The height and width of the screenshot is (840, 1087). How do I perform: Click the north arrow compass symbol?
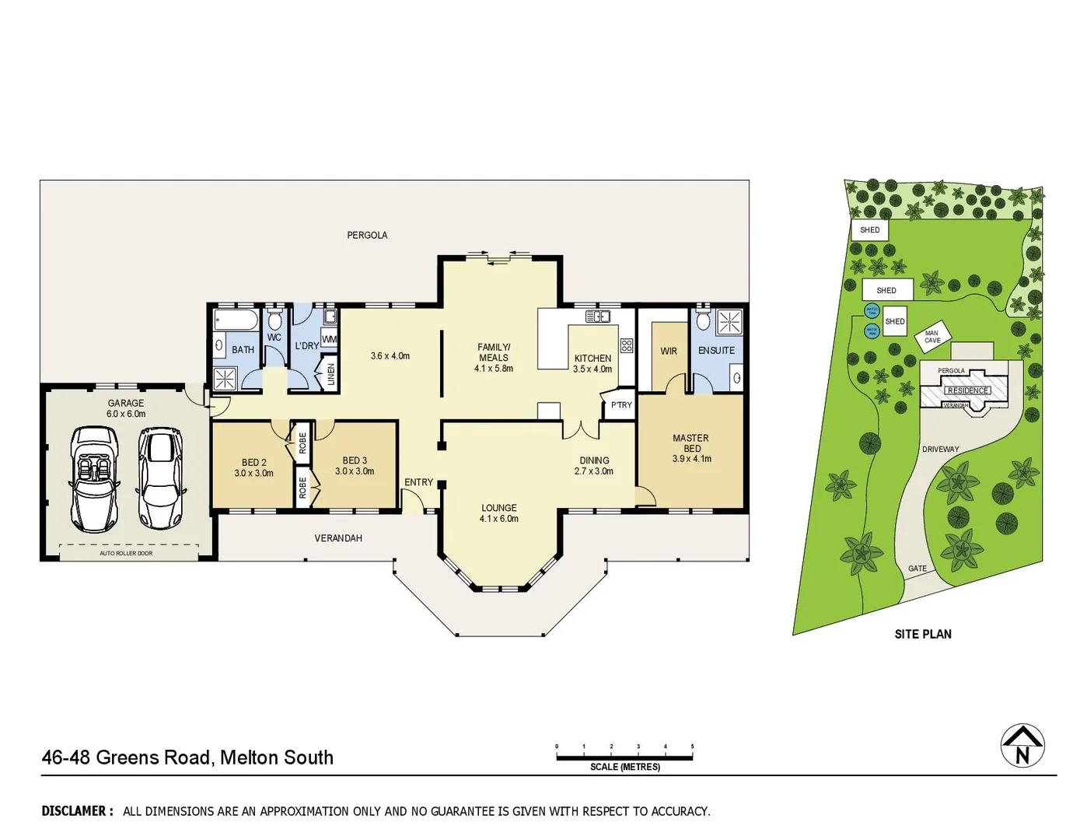tap(1022, 746)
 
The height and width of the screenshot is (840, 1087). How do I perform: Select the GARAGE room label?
tap(126, 403)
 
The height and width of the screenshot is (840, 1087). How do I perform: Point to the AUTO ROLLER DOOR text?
tap(126, 553)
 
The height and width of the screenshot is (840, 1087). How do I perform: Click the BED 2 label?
tap(253, 462)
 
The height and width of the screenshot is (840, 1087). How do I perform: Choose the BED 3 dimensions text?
tap(355, 471)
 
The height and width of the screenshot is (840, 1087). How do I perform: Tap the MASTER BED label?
tap(690, 443)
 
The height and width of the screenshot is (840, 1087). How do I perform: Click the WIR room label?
tap(669, 351)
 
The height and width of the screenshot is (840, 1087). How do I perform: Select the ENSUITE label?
tap(716, 351)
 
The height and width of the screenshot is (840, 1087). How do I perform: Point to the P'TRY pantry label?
tap(621, 405)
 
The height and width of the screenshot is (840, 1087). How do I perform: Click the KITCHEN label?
tap(592, 359)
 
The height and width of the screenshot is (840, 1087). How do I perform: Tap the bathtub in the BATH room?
tap(235, 320)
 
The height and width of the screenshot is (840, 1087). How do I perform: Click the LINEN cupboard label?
tap(330, 374)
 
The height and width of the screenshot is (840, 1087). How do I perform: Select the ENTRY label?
tap(418, 482)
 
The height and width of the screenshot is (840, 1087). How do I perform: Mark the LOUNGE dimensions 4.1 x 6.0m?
tap(499, 519)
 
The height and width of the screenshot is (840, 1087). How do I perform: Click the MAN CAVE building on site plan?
tap(932, 337)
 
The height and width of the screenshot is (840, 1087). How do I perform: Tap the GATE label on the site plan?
tap(917, 569)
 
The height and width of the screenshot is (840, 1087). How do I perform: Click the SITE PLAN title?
tap(923, 634)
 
